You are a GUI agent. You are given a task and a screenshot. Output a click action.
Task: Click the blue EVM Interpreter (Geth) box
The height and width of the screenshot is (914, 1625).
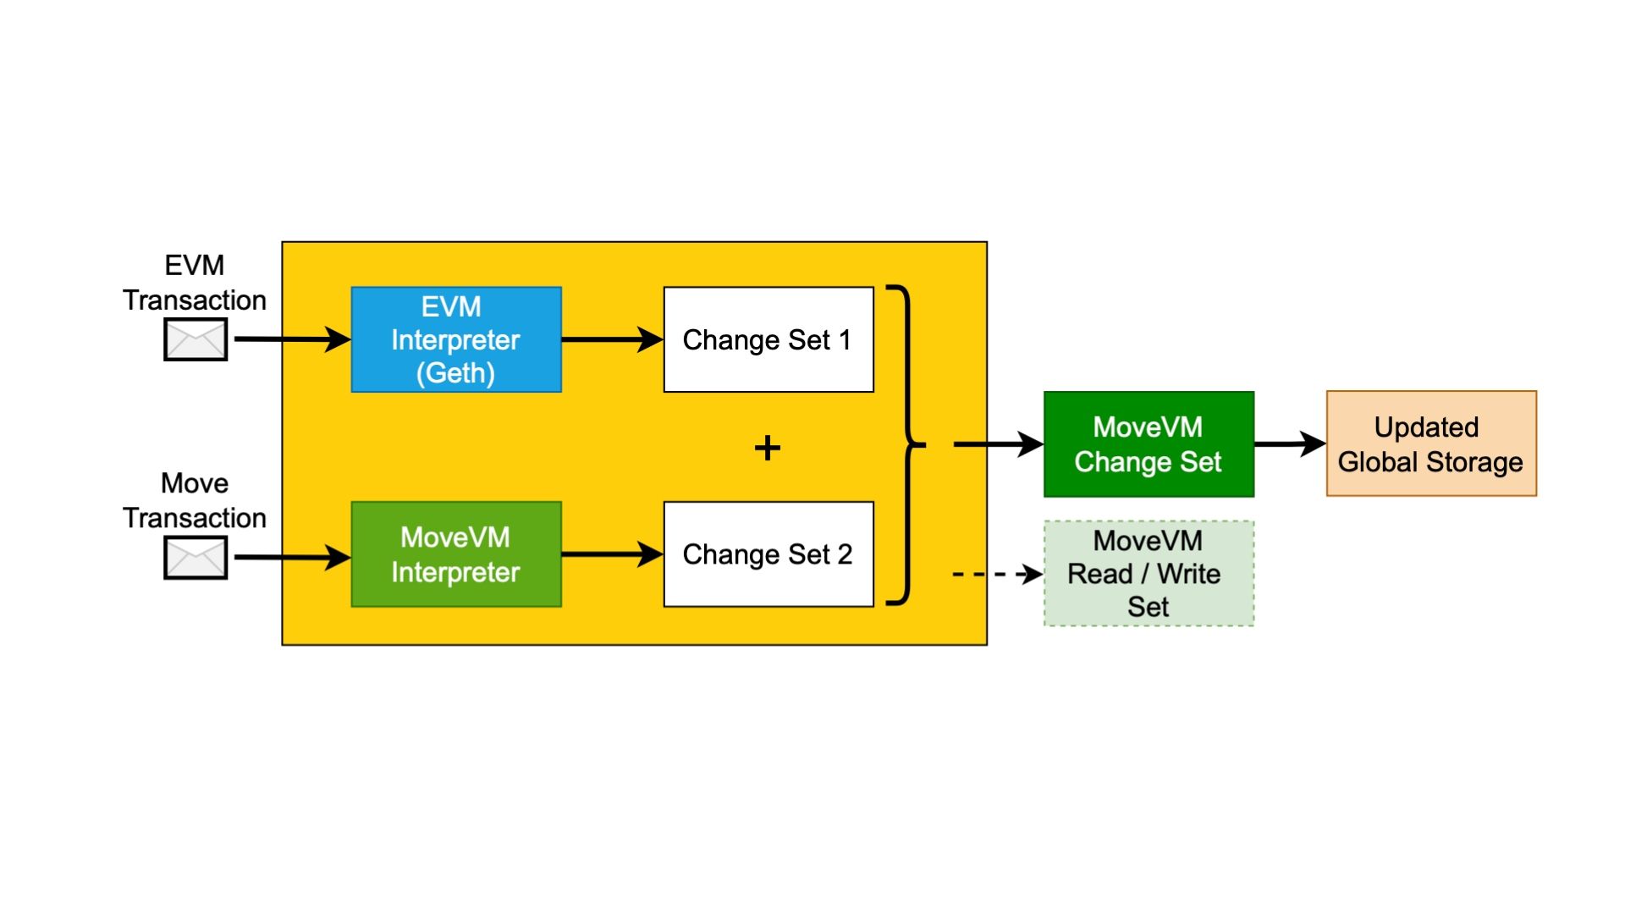pyautogui.click(x=456, y=339)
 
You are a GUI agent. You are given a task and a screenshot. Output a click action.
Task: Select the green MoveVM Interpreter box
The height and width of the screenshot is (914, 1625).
pyautogui.click(x=456, y=554)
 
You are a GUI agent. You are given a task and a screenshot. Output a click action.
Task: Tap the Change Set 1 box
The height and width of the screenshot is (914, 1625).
pyautogui.click(x=768, y=339)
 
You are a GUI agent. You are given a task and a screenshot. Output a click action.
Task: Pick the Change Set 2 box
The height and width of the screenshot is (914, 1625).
pyautogui.click(x=768, y=554)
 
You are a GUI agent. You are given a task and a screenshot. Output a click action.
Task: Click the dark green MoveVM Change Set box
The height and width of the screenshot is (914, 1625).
pyautogui.click(x=1149, y=444)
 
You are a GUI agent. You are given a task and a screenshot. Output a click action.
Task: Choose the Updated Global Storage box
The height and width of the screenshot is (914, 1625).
pyautogui.click(x=1431, y=444)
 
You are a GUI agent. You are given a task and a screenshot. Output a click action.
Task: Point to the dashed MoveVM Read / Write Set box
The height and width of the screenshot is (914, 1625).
pyautogui.click(x=1149, y=574)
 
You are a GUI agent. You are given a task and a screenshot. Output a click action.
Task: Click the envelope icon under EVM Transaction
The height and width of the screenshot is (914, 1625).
pyautogui.click(x=196, y=339)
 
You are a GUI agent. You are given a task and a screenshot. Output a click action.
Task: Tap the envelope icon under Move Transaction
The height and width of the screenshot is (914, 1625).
pyautogui.click(x=196, y=558)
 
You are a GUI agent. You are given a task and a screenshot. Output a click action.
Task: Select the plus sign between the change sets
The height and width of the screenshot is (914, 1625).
pyautogui.click(x=768, y=448)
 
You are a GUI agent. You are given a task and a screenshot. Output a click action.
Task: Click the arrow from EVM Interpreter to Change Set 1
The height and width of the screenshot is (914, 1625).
pyautogui.click(x=611, y=339)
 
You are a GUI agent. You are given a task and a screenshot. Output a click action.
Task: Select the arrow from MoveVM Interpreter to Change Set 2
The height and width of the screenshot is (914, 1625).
pyautogui.click(x=611, y=554)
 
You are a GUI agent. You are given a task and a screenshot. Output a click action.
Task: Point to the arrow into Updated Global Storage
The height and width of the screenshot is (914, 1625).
pyautogui.click(x=1289, y=443)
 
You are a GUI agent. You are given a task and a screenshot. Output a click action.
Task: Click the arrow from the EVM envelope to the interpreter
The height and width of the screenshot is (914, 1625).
pyautogui.click(x=291, y=339)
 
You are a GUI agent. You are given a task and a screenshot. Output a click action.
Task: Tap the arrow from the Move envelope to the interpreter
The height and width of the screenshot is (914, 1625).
pyautogui.click(x=291, y=557)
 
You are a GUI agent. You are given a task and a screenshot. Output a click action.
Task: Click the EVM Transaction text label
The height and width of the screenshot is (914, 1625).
pyautogui.click(x=195, y=283)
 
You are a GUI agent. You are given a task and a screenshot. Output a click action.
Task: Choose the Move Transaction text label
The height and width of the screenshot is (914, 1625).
pyautogui.click(x=195, y=500)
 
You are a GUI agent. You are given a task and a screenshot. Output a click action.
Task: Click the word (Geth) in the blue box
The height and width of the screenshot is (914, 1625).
pyautogui.click(x=455, y=373)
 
